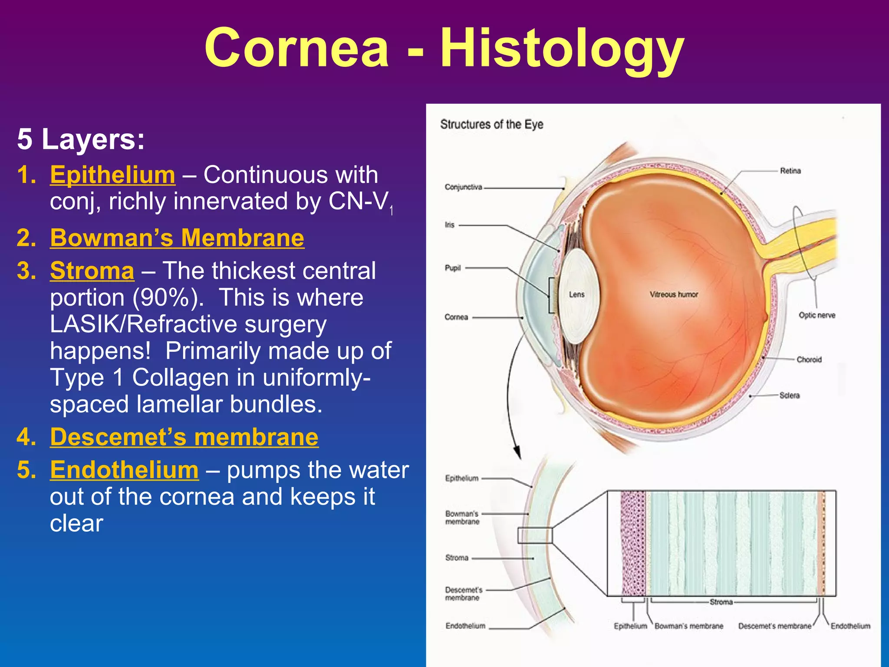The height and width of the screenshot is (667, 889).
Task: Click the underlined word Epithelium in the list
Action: click(112, 175)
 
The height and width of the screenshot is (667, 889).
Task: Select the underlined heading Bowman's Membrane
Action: click(177, 238)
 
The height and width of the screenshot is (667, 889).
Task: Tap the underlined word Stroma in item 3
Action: click(92, 271)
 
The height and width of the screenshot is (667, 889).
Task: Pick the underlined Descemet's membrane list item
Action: click(184, 437)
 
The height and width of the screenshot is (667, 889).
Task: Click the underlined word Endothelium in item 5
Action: click(124, 470)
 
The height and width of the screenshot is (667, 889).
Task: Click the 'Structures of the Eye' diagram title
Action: click(491, 124)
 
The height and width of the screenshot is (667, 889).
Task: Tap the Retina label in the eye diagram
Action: click(790, 171)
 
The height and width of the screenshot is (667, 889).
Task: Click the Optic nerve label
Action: click(817, 315)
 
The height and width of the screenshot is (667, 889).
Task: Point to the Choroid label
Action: click(809, 360)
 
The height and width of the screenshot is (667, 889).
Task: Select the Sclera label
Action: click(789, 395)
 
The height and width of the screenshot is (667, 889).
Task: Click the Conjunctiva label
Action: click(463, 187)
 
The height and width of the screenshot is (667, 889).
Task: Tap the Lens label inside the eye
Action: click(576, 294)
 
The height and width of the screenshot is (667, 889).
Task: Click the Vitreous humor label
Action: click(674, 294)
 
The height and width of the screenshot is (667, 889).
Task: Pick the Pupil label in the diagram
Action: click(452, 268)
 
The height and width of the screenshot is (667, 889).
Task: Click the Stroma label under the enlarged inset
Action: click(721, 602)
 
